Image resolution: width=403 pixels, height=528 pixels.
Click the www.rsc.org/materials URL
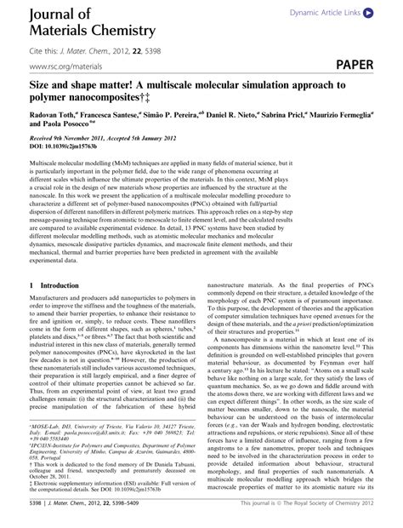pyautogui.click(x=62, y=66)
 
